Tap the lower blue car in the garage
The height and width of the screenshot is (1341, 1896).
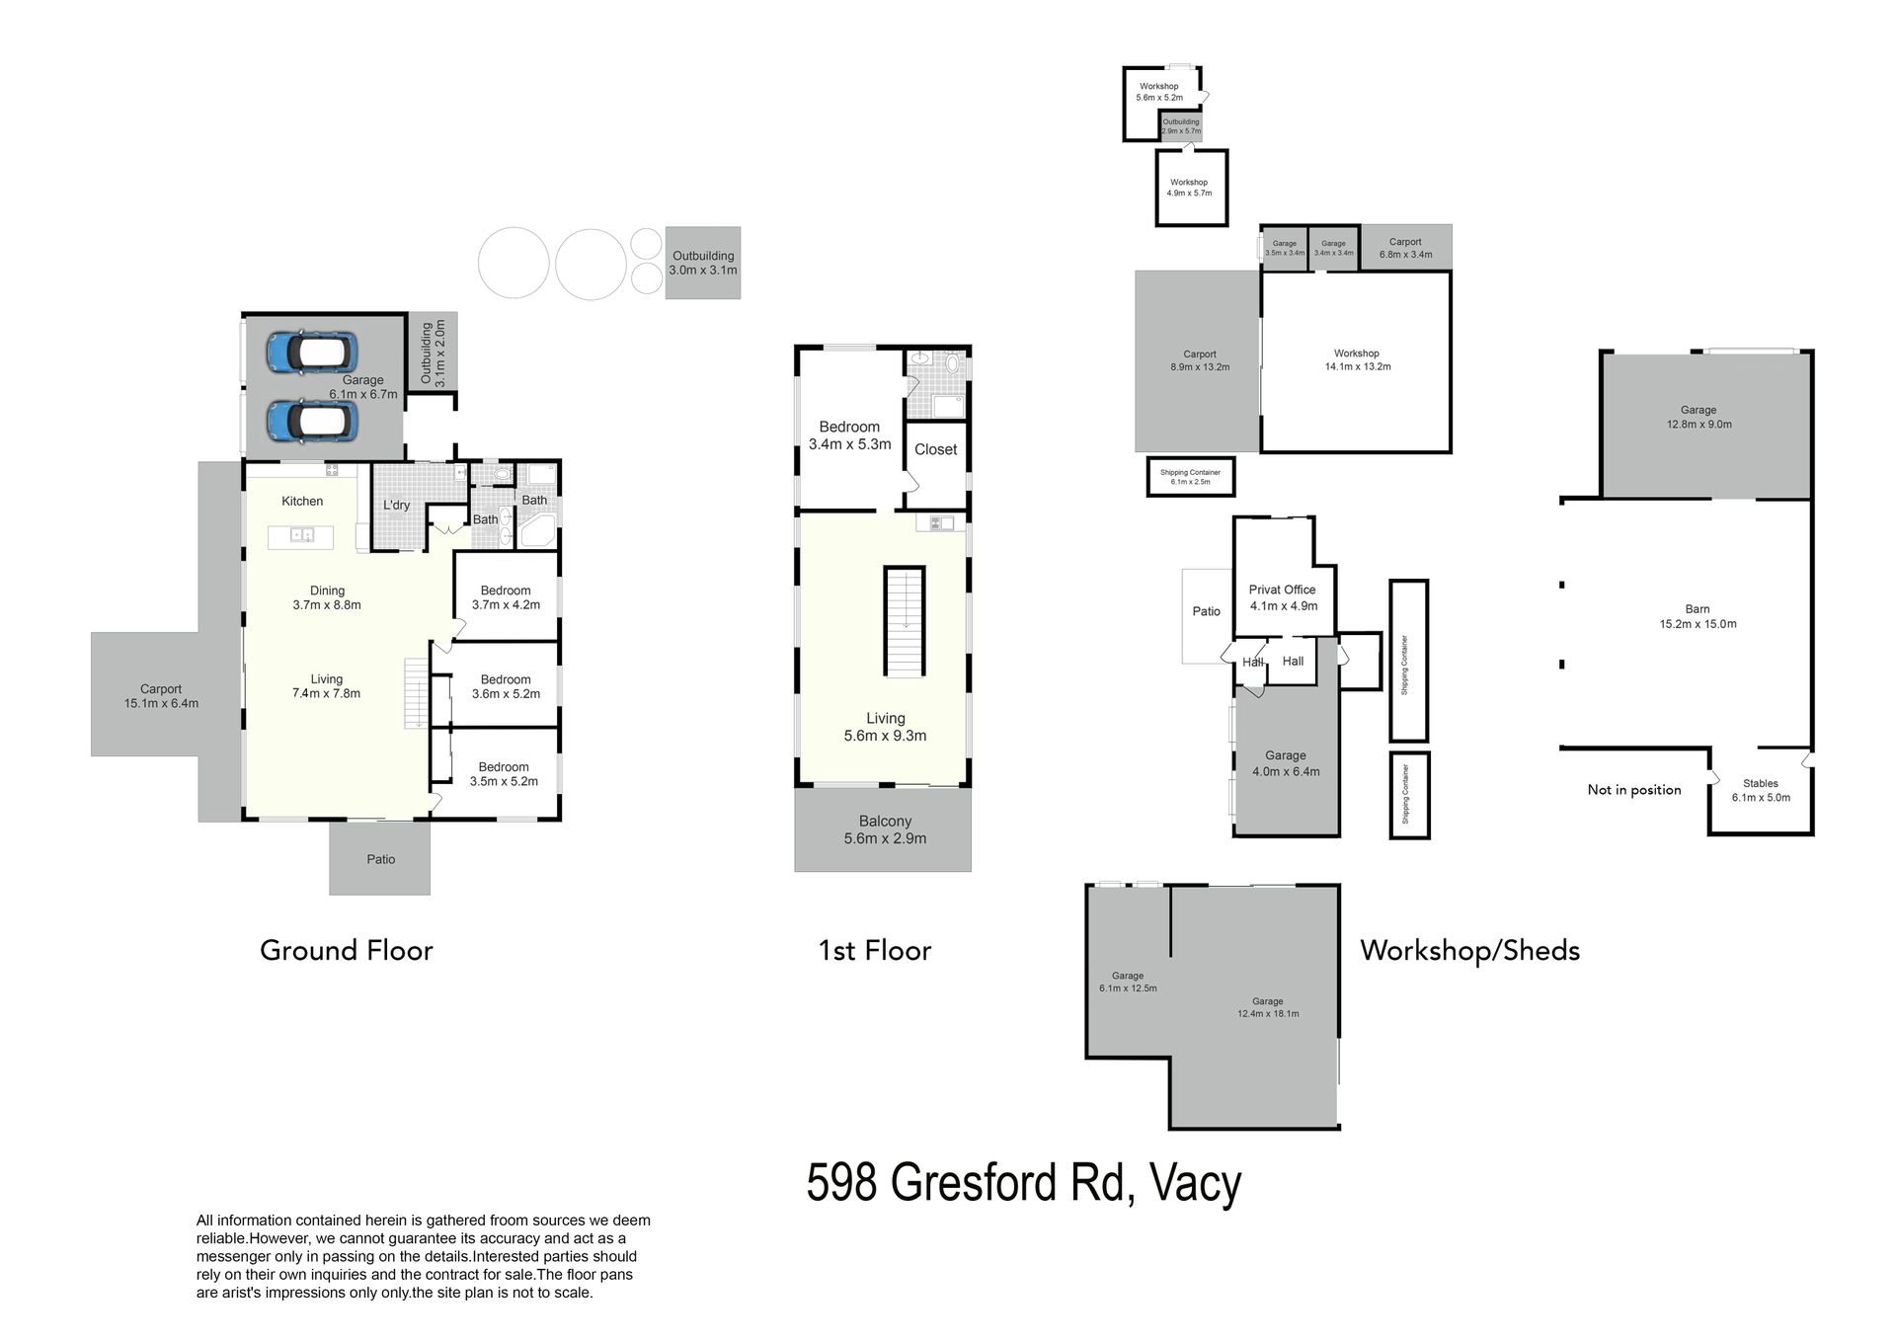pos(311,421)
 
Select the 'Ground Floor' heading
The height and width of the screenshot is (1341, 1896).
pos(347,951)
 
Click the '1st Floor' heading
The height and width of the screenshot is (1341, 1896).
pos(875,951)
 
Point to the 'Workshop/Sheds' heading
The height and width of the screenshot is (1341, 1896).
pos(1470,951)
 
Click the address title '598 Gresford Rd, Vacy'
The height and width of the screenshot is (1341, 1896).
pos(1024,1184)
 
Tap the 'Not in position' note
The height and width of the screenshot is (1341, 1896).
pos(1634,790)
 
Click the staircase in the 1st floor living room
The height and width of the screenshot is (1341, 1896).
pos(905,622)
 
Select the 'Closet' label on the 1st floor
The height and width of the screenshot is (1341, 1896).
pos(936,450)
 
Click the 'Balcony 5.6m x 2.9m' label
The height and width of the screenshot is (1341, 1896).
pos(885,830)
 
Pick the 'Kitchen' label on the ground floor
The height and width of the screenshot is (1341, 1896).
pos(302,502)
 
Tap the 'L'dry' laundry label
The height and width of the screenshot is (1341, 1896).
pos(397,506)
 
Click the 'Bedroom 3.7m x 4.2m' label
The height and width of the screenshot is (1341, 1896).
pos(506,598)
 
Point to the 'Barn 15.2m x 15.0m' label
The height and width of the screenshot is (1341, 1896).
pos(1698,617)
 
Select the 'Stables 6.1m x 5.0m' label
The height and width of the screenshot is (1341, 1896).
pos(1761,791)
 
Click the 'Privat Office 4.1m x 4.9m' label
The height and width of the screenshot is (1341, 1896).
pos(1283,598)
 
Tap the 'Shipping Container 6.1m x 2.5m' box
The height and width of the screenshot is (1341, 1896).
pos(1191,477)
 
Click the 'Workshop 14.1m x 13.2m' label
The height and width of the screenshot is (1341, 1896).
pos(1357,360)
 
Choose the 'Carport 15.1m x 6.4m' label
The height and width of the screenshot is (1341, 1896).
pos(161,697)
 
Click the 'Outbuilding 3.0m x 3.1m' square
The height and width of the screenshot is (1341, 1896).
pos(703,263)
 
